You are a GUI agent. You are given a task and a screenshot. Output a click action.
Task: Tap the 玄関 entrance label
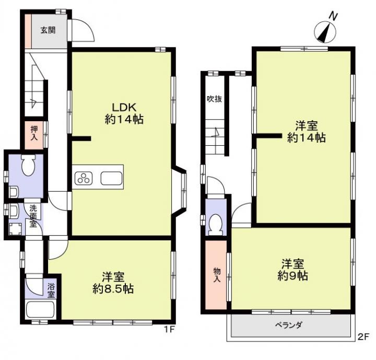coord(48,30)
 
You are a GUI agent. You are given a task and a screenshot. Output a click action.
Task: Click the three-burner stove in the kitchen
coord(83,177)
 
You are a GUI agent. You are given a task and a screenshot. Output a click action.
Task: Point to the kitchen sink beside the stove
coord(111,177)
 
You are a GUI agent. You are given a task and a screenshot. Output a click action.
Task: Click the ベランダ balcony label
coord(289,324)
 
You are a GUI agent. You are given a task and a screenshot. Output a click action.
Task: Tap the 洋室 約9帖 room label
coord(292,270)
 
